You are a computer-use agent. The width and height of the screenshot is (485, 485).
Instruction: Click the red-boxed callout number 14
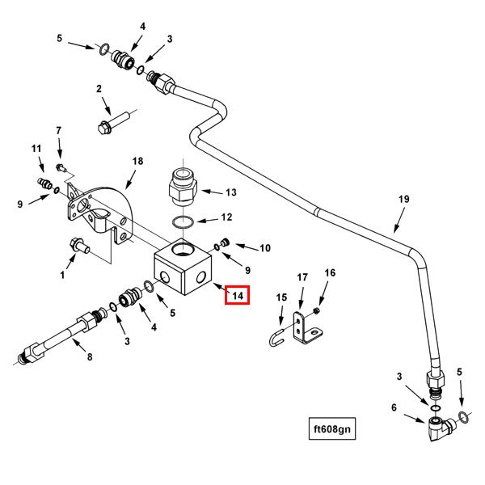pos(238,296)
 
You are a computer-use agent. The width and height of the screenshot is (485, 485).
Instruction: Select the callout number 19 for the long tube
pos(404,199)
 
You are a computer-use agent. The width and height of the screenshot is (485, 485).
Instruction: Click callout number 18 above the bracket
pos(137,162)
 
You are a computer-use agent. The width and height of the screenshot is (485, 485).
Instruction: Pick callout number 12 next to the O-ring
pos(226,217)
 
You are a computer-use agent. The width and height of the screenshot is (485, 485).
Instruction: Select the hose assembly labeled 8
pos(61,339)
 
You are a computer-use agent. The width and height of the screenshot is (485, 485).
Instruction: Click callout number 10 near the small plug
pos(264,247)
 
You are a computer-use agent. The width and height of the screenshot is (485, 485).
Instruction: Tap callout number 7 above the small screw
pos(58,130)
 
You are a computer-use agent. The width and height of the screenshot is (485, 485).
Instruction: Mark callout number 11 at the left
pos(36,149)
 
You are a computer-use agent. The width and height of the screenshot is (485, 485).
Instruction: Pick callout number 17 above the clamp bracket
pos(302,277)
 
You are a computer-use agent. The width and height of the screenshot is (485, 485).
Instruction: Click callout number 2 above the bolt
pos(99,89)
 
